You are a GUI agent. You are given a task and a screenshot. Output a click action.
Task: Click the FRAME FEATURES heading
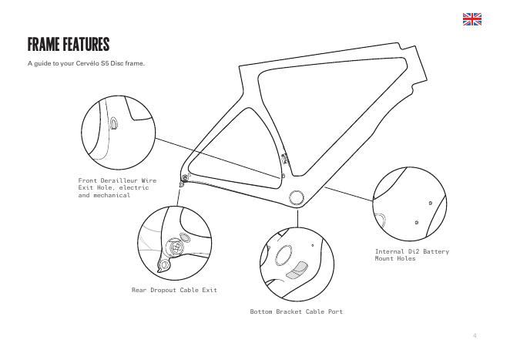(69, 43)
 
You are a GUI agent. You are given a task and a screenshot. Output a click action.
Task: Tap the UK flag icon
(471, 19)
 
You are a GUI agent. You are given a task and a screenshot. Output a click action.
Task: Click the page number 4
(475, 335)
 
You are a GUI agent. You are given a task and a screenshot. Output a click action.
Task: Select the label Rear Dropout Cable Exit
(173, 290)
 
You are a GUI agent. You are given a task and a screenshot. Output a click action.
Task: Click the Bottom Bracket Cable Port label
(296, 311)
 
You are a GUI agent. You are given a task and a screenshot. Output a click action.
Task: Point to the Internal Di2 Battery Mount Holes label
(411, 254)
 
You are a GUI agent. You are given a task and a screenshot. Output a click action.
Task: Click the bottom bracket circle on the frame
(297, 198)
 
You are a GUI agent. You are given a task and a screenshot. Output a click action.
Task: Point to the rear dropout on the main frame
(183, 180)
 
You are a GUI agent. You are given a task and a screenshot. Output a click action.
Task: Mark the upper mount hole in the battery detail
(429, 202)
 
